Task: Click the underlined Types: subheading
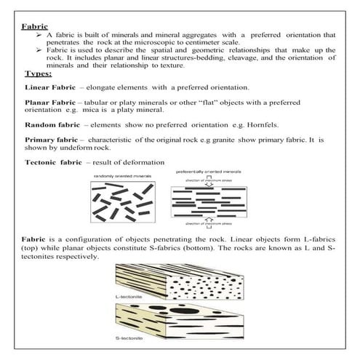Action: click(38, 73)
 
